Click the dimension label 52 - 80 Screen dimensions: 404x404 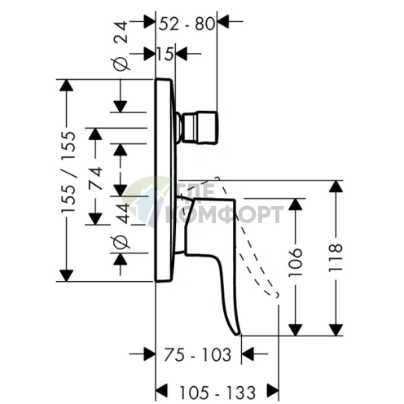187,24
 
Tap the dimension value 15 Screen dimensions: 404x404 165,54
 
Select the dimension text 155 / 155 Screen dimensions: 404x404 68,172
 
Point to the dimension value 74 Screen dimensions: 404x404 96,178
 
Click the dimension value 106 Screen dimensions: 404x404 295,262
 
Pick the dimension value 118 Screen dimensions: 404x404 336,257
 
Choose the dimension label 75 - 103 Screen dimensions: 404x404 198,354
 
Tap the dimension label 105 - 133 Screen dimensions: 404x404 217,393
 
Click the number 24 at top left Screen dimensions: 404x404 121,33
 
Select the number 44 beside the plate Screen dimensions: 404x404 124,213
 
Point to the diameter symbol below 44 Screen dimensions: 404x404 121,243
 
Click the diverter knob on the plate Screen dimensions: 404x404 198,128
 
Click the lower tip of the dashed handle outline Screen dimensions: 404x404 277,296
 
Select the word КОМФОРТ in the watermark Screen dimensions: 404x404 223,214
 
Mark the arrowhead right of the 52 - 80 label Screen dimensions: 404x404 223,21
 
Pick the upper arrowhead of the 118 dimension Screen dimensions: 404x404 336,187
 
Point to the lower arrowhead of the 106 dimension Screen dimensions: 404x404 295,330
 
